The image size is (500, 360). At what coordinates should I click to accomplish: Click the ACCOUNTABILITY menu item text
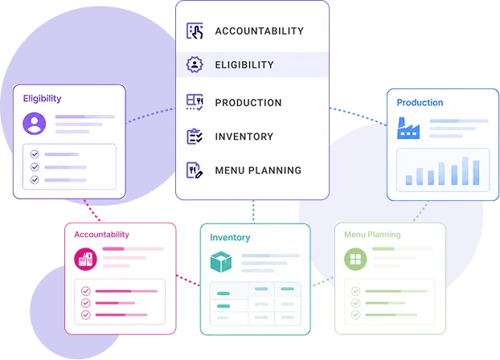tap(260, 31)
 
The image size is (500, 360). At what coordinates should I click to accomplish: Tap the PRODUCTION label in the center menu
tap(248, 103)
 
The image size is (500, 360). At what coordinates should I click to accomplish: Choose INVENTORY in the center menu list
tap(244, 137)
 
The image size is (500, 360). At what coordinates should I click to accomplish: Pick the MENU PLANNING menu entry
tap(258, 170)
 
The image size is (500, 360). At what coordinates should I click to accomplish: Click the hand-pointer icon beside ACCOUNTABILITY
tap(195, 31)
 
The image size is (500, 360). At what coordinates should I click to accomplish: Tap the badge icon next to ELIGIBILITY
tap(195, 64)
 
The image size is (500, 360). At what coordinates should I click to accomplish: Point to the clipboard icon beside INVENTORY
tap(195, 137)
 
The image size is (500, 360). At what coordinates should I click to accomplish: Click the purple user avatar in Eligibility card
tap(34, 124)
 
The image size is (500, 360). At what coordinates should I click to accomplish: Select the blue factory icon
tap(408, 129)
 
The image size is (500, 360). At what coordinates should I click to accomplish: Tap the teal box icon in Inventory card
tap(221, 262)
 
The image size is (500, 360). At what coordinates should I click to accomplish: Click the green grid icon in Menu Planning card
tap(355, 259)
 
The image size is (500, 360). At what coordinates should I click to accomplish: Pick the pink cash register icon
tap(85, 259)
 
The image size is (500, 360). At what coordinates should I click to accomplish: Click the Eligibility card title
tap(42, 99)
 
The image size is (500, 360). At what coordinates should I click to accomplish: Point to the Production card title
tap(420, 102)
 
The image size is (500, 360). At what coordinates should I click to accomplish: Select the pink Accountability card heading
tap(102, 235)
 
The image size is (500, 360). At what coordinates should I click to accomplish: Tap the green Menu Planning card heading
tap(372, 235)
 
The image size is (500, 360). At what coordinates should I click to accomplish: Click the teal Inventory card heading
tap(230, 238)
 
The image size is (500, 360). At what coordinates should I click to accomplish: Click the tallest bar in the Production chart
tap(465, 171)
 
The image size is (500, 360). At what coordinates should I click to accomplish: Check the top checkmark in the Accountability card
tap(85, 291)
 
